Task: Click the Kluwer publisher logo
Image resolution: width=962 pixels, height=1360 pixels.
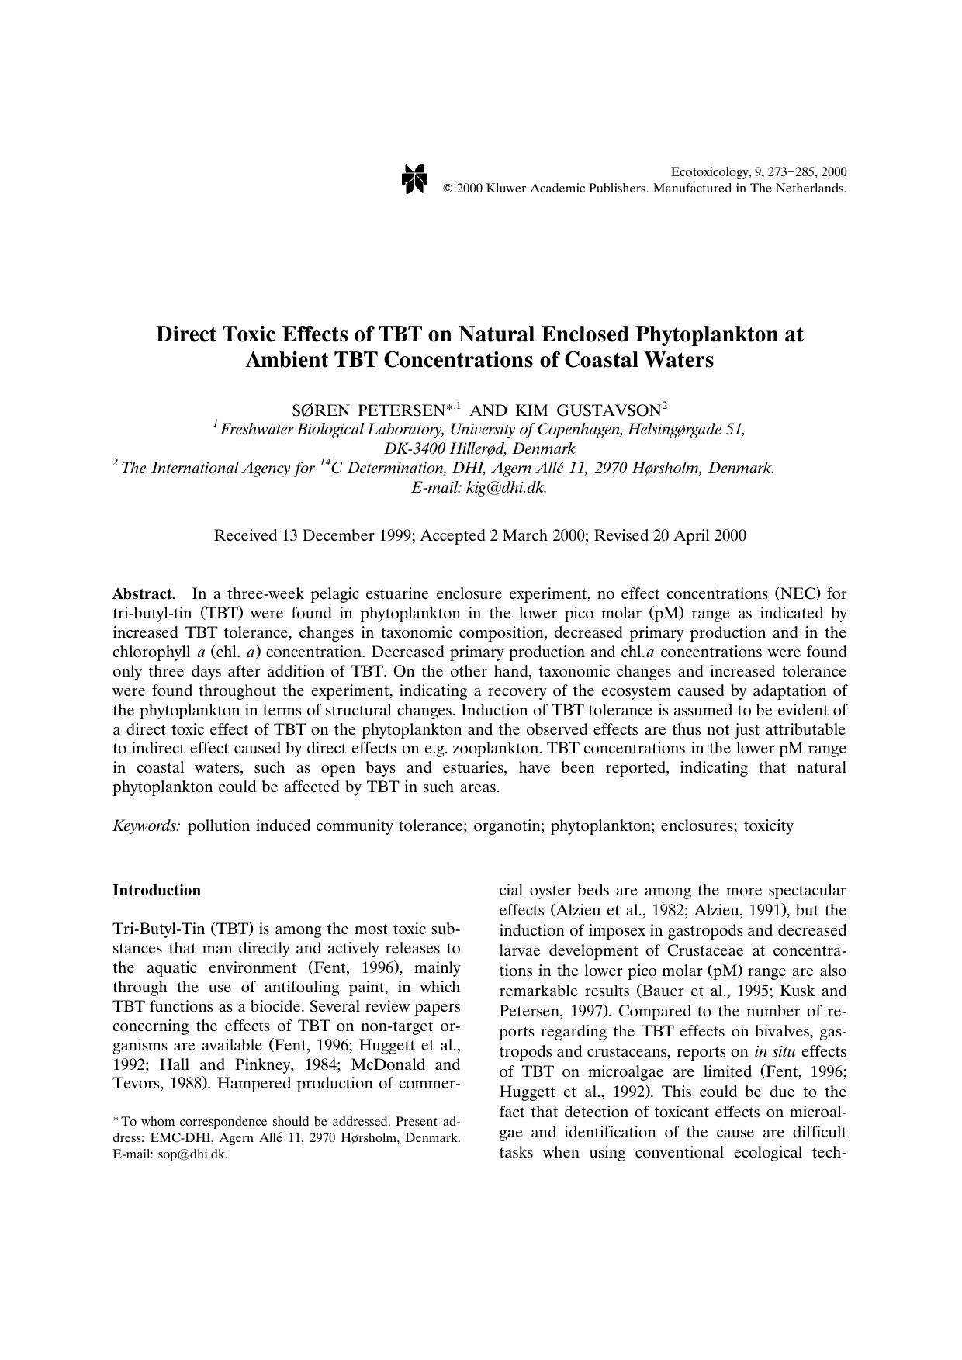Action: pyautogui.click(x=414, y=180)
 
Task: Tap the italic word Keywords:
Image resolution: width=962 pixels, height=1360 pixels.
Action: pyautogui.click(x=147, y=825)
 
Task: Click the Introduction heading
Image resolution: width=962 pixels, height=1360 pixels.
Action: pyautogui.click(x=157, y=890)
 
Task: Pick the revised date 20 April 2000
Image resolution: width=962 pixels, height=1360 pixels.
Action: pyautogui.click(x=699, y=535)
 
